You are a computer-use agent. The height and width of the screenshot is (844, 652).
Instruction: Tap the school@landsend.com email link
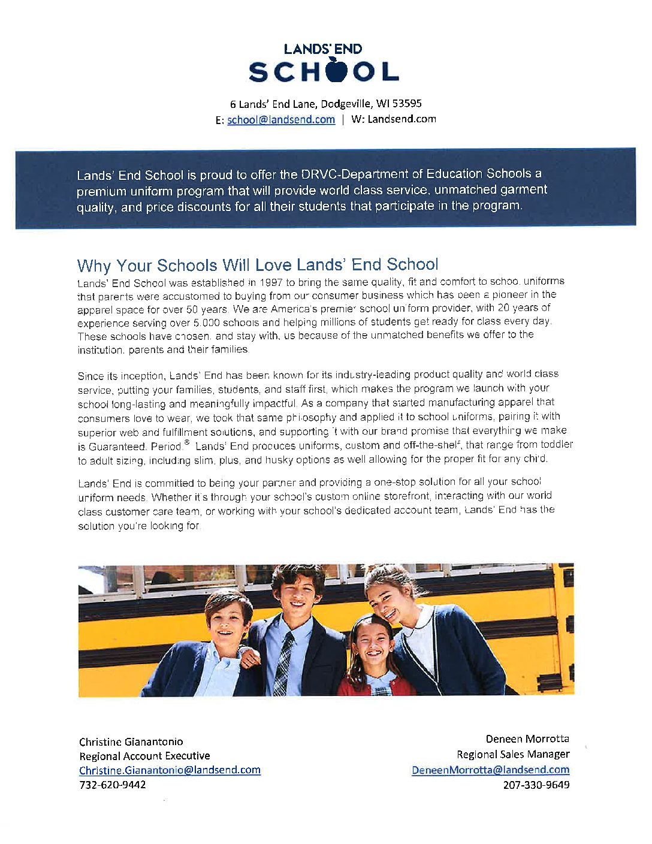(280, 120)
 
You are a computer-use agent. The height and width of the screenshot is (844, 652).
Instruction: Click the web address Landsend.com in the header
(402, 119)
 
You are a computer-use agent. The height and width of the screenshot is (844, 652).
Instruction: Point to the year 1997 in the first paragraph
(271, 282)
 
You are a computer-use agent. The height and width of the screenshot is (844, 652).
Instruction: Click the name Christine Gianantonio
(131, 742)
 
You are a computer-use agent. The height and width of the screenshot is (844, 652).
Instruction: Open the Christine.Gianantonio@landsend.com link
(170, 770)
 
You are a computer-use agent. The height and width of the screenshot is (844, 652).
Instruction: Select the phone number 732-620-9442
(113, 785)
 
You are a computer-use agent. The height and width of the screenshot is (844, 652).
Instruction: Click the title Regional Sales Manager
(513, 755)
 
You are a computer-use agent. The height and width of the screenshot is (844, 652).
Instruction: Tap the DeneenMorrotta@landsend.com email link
(490, 770)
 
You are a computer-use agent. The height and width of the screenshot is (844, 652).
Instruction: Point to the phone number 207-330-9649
(536, 785)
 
